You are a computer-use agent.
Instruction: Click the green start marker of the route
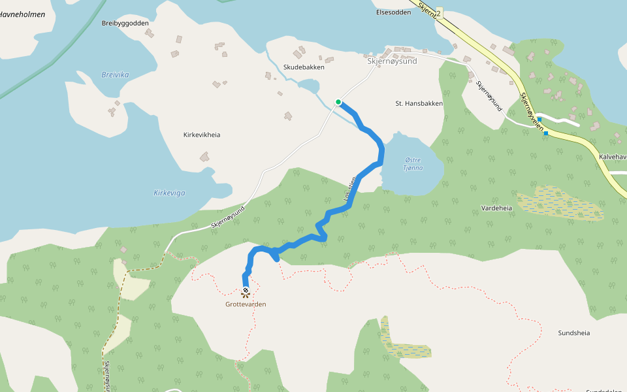(338, 101)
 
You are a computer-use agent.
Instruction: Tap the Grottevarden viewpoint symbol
(246, 292)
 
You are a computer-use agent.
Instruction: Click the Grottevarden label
(246, 304)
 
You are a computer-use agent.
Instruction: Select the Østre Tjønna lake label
(413, 163)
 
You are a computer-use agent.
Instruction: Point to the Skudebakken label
(304, 67)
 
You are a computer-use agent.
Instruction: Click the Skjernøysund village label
(392, 61)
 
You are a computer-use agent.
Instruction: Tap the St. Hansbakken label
(419, 103)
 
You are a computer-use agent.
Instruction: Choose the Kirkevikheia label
(202, 135)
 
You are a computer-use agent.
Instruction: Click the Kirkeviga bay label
(169, 193)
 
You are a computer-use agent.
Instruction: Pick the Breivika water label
(116, 74)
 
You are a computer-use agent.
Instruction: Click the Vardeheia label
(496, 208)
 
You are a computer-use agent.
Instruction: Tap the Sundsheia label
(574, 333)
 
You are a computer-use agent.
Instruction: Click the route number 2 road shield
(438, 13)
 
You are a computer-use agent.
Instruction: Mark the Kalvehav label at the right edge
(613, 157)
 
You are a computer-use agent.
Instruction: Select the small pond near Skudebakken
(309, 86)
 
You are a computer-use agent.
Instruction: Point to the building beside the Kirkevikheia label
(205, 157)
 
